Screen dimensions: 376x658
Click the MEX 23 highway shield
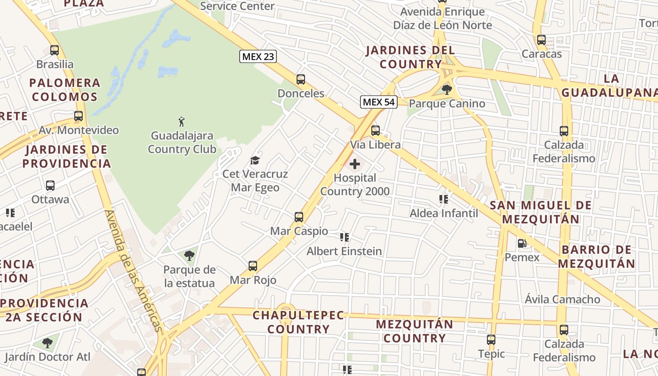click(x=258, y=56)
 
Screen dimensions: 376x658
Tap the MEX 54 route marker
click(x=379, y=102)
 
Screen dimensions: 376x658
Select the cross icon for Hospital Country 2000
click(x=355, y=164)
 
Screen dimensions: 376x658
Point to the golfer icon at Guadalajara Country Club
click(x=181, y=122)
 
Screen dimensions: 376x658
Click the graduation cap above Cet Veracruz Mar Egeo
click(x=255, y=161)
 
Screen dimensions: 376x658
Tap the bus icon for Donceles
click(x=301, y=79)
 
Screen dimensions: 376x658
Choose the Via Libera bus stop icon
click(x=375, y=131)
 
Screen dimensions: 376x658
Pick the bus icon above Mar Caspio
click(x=299, y=217)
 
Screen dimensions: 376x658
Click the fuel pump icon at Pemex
click(x=522, y=243)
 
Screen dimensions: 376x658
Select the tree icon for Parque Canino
click(x=446, y=89)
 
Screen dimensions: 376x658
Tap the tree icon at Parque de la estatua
click(x=189, y=256)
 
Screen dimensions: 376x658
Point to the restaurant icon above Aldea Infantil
click(x=443, y=199)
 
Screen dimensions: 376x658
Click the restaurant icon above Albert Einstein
click(x=345, y=237)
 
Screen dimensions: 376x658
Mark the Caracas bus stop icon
click(x=541, y=40)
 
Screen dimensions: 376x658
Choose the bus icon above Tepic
click(x=491, y=339)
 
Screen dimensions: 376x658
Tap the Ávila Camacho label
click(x=562, y=299)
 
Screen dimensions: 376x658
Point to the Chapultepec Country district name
click(x=298, y=322)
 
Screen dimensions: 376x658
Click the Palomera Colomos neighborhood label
click(x=65, y=90)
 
